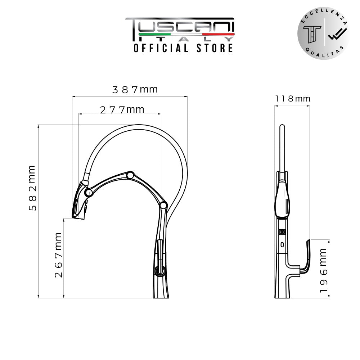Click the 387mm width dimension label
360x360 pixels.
point(135,89)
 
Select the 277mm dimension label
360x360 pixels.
point(122,109)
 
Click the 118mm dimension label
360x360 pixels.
point(292,99)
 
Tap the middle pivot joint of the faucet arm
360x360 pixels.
point(130,175)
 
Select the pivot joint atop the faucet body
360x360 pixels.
point(163,206)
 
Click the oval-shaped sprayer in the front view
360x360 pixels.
point(283,199)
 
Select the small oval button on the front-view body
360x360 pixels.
point(283,245)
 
